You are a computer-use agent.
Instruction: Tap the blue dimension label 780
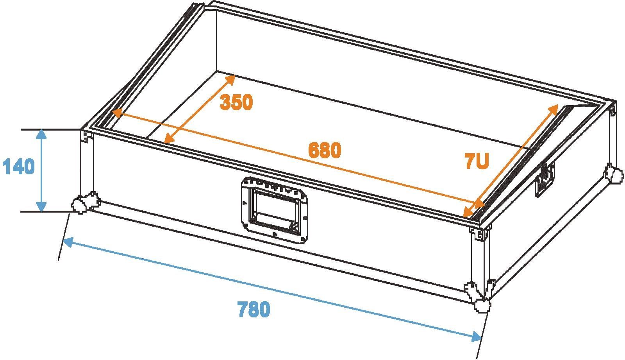[x=254, y=309]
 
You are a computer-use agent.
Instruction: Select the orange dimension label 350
[x=236, y=102]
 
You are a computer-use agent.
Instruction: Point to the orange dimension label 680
[x=325, y=150]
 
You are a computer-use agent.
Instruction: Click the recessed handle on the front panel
[x=274, y=210]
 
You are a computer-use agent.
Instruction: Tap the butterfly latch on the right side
[x=544, y=179]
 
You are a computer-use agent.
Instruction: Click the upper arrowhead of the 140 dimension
[x=41, y=134]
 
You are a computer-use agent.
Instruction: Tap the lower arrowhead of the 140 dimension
[x=41, y=207]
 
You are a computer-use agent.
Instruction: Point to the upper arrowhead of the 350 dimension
[x=230, y=79]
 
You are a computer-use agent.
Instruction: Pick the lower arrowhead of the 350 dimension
[x=168, y=138]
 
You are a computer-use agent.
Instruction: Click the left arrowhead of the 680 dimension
[x=117, y=113]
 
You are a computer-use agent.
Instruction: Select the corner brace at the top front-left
[x=86, y=137]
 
